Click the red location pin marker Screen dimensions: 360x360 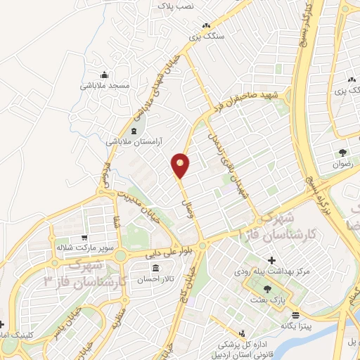click(181, 165)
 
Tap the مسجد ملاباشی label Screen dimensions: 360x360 click(104, 85)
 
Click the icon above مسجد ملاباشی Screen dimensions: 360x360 click(105, 75)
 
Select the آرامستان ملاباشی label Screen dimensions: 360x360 click(134, 141)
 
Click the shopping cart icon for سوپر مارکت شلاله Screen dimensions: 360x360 click(85, 238)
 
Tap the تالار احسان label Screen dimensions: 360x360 click(155, 279)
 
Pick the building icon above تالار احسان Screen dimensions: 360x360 click(155, 269)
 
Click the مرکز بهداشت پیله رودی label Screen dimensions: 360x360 click(272, 271)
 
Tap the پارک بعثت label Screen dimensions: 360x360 click(266, 300)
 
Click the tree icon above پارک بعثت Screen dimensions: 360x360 click(266, 289)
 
